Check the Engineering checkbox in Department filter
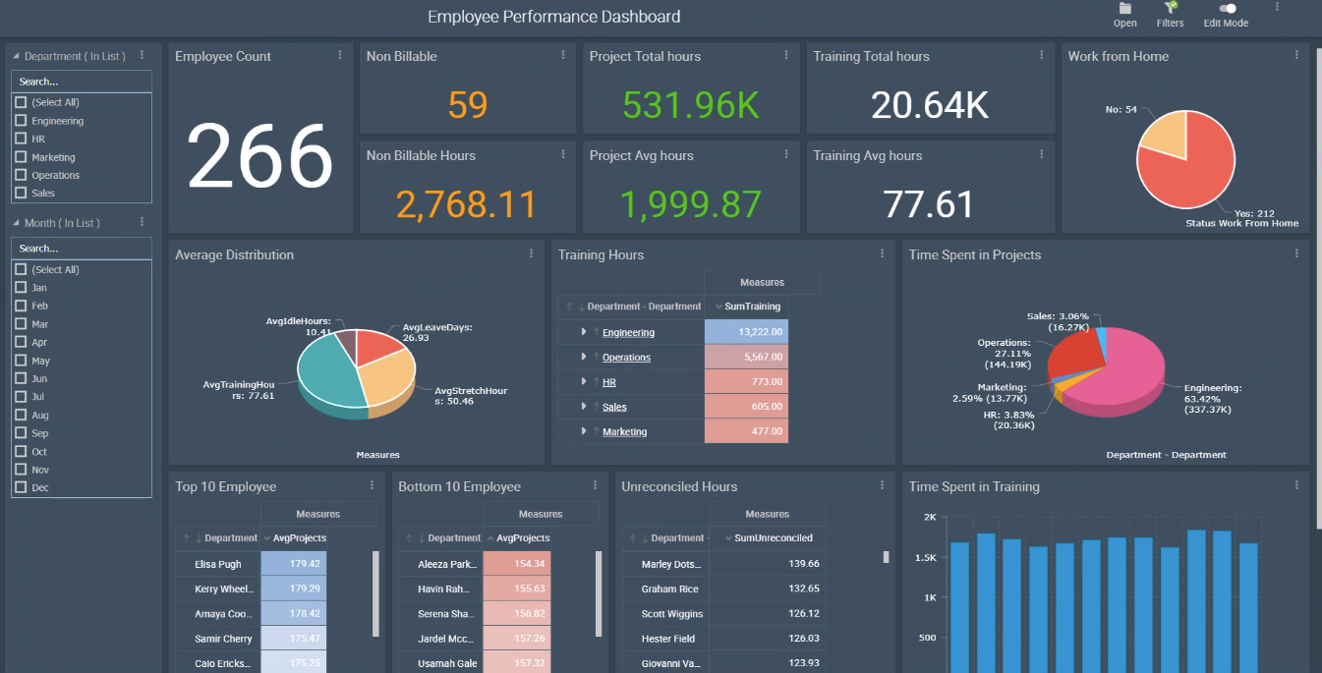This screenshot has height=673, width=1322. click(x=21, y=121)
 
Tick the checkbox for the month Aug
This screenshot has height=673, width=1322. click(x=21, y=416)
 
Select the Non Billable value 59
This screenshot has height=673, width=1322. click(x=467, y=104)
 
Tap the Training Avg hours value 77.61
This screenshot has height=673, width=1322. click(x=928, y=203)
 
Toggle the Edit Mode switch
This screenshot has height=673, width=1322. click(x=1227, y=9)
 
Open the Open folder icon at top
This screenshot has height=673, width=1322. click(x=1125, y=9)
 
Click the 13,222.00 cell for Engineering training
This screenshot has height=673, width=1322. click(x=746, y=332)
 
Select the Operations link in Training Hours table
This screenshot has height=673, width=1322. click(x=626, y=358)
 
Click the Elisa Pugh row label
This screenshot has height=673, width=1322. click(x=218, y=564)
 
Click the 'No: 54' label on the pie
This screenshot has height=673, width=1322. click(x=1121, y=109)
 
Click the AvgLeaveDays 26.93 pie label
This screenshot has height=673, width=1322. click(x=437, y=332)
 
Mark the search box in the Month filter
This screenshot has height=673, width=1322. click(x=82, y=249)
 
